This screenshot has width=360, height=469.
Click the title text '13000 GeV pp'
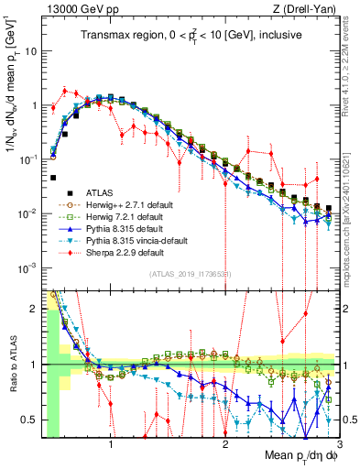coord(80,8)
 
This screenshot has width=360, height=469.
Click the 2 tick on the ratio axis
coord(34,309)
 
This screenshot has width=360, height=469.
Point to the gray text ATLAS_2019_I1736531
coord(190,274)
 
